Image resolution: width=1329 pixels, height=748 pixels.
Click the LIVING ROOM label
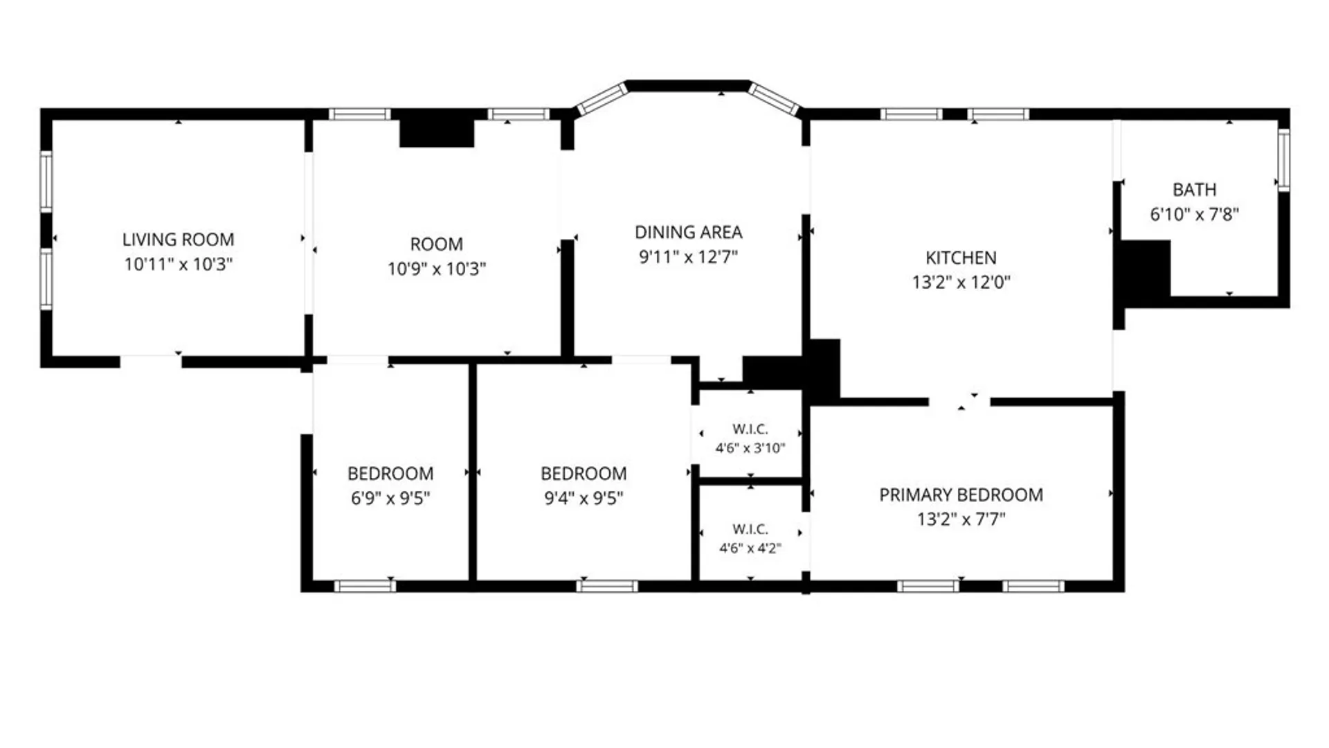[x=178, y=240]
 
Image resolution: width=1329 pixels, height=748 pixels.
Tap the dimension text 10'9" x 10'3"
[x=437, y=269]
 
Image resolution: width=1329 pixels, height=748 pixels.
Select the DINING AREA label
[x=689, y=232]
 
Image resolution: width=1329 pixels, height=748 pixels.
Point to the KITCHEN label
[x=961, y=258]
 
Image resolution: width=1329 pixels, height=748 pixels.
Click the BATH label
[x=1194, y=190]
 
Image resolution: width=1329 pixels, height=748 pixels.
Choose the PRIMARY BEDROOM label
[x=961, y=495]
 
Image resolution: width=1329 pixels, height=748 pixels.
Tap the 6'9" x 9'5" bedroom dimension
[x=390, y=498]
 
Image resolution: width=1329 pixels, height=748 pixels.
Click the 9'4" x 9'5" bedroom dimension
[x=584, y=498]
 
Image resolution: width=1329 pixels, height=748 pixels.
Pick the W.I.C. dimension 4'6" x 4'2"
[x=750, y=549]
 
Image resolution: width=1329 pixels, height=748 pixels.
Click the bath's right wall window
[x=1283, y=160]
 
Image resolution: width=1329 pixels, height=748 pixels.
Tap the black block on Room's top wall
[x=437, y=128]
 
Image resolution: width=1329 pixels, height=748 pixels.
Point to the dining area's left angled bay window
[x=602, y=99]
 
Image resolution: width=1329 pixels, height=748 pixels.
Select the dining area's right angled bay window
[x=775, y=99]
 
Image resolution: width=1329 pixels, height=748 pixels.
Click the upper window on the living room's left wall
[x=46, y=181]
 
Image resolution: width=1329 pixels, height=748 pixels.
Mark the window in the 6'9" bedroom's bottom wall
[x=365, y=587]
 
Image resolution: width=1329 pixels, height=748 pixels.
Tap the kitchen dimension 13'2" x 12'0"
[x=961, y=282]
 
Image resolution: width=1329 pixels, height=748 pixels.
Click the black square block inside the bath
[x=1145, y=271]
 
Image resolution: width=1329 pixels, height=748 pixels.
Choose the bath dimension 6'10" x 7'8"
[x=1194, y=215]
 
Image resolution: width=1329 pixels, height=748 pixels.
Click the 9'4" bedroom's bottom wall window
[x=607, y=587]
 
